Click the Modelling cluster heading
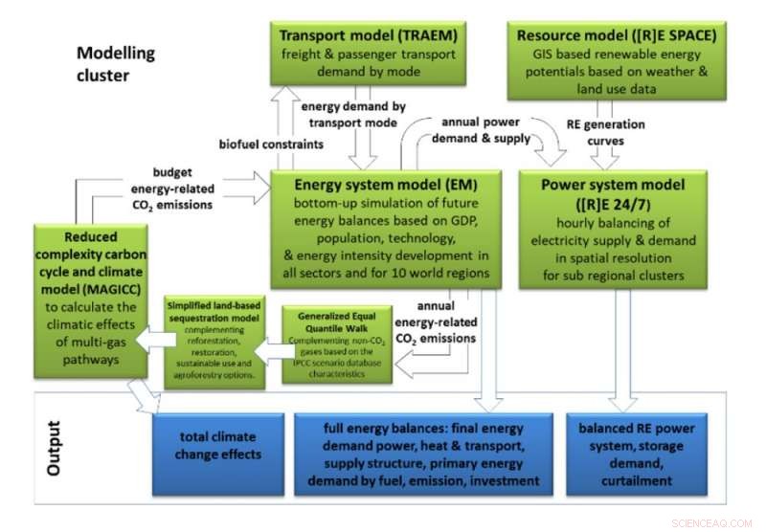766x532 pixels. tap(116, 63)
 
